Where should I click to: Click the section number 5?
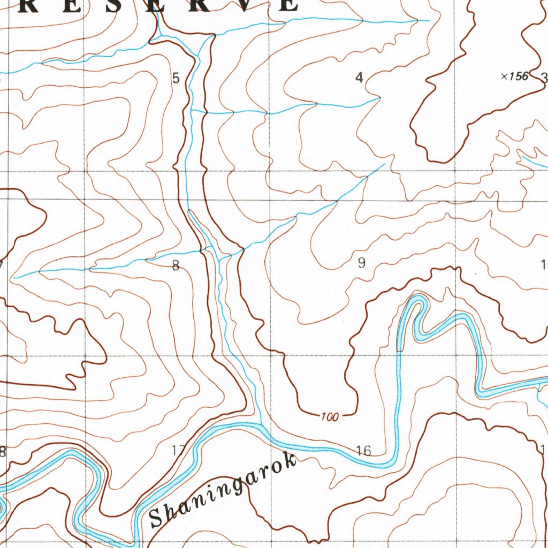coord(176,79)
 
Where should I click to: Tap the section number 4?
coord(359,78)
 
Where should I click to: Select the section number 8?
coord(176,265)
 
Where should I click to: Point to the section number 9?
coord(362,263)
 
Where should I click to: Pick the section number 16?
coord(363,451)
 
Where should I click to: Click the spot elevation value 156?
coord(519,77)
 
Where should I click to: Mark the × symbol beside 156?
coord(504,77)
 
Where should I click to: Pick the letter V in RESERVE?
coord(242,4)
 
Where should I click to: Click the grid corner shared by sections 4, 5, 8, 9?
coord(270,172)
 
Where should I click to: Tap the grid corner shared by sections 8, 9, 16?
coord(270,356)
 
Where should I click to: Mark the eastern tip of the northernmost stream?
coord(429,20)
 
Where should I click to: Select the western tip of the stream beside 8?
coord(13,278)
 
